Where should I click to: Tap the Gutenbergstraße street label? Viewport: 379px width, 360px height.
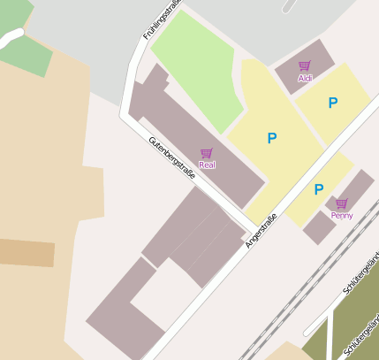coord(171,157)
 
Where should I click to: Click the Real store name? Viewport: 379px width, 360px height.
coord(207,165)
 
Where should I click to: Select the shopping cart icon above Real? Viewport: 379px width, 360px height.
coord(207,153)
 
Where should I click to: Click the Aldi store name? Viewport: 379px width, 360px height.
coord(305,78)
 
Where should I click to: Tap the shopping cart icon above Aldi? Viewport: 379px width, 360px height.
coord(305,65)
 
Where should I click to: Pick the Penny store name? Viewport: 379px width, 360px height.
coord(341,215)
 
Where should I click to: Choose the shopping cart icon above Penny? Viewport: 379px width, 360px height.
coord(341,203)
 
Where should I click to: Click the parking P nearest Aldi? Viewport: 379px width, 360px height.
coord(332,103)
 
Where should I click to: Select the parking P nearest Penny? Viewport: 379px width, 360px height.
coord(318,189)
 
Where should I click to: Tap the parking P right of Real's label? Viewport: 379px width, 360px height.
coord(272,138)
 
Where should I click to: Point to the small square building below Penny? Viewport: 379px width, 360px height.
coord(318,227)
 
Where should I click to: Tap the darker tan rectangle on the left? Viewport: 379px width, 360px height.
coord(27,253)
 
